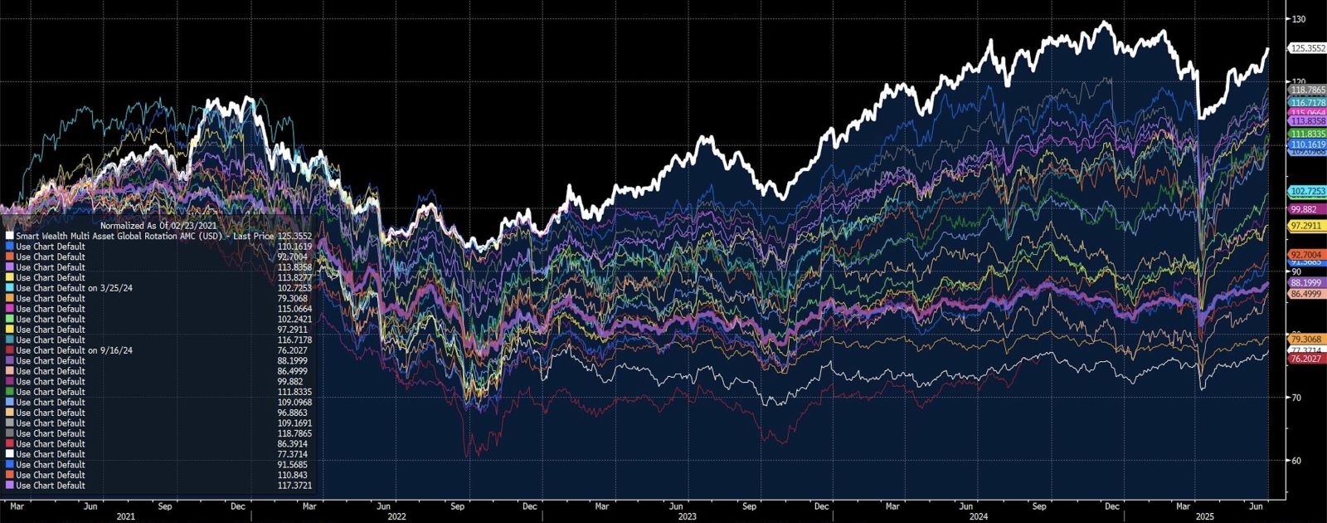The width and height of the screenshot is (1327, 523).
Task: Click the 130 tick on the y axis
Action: (x=1298, y=19)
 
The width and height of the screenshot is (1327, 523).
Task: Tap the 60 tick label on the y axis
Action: (x=1296, y=461)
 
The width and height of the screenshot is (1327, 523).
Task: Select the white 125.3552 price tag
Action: (x=1308, y=49)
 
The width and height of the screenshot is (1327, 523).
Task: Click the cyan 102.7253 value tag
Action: (x=1308, y=192)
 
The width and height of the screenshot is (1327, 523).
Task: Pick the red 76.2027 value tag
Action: (x=1305, y=359)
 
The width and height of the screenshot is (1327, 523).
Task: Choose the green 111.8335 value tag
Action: (x=1308, y=134)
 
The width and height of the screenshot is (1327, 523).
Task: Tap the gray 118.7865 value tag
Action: (x=1308, y=90)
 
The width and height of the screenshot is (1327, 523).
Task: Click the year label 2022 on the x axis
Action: (x=396, y=517)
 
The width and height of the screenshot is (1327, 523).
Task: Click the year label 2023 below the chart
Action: (x=687, y=517)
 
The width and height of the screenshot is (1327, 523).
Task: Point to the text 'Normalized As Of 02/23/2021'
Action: (x=158, y=226)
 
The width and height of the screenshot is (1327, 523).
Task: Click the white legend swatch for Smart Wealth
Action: (x=9, y=236)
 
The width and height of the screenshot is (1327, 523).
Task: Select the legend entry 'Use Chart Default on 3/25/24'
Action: (x=74, y=288)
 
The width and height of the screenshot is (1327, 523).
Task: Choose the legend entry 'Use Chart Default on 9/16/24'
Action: (x=74, y=350)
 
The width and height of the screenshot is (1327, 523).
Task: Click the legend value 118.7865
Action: (x=294, y=433)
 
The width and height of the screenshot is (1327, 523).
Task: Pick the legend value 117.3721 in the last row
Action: (x=294, y=486)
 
